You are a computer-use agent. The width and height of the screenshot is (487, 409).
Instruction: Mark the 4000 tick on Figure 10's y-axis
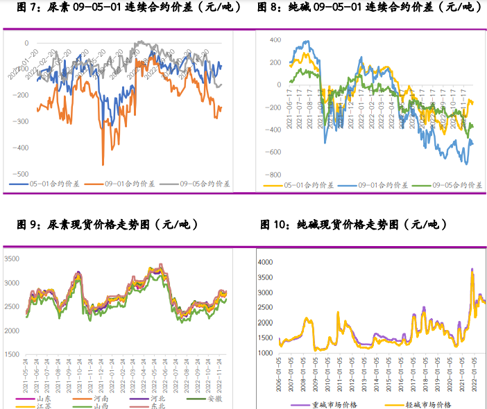click(266, 262)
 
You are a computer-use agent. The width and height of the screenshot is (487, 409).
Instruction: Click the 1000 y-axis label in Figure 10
click(266, 354)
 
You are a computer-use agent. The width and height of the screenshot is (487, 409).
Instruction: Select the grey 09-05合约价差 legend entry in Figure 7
click(198, 184)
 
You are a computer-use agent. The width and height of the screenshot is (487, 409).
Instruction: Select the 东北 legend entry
click(153, 406)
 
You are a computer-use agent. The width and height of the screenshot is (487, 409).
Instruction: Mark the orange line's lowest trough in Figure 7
click(103, 164)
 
